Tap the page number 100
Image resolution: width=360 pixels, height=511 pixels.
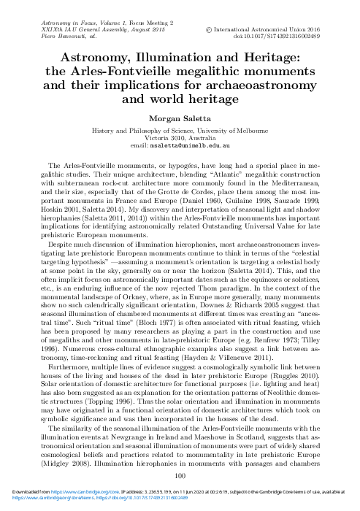coord(180,475)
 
